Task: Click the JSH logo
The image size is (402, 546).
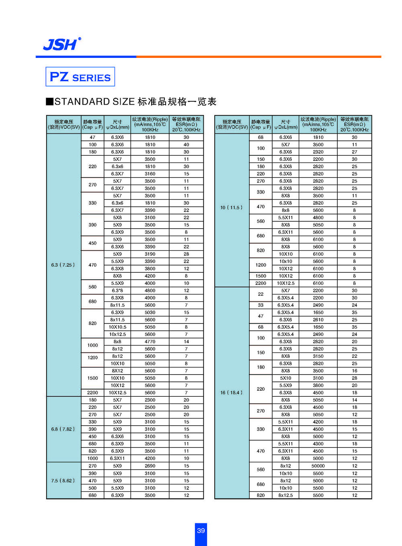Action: point(62,44)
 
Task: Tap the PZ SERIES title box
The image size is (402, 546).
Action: point(80,76)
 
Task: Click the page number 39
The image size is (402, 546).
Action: point(201,531)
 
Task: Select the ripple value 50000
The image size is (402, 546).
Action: point(318,466)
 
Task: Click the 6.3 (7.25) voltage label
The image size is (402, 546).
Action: point(63,265)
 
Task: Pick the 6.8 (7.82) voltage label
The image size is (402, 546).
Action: point(63,429)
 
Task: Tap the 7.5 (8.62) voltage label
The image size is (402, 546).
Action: point(63,480)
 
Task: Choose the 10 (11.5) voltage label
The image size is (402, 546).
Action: point(232,208)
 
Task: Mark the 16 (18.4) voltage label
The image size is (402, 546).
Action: point(232,393)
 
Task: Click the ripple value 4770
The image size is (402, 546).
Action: point(150,342)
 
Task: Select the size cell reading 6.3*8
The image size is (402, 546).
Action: point(117,291)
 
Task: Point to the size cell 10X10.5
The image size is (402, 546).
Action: point(117,327)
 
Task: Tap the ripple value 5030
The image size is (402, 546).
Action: point(150,312)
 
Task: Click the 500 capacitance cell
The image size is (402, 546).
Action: point(92,488)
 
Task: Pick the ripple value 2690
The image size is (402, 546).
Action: point(150,466)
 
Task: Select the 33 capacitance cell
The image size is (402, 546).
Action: point(260,305)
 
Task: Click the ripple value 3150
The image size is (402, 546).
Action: point(318,356)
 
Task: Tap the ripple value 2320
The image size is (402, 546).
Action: point(318,152)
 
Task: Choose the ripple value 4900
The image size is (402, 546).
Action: point(150,298)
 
